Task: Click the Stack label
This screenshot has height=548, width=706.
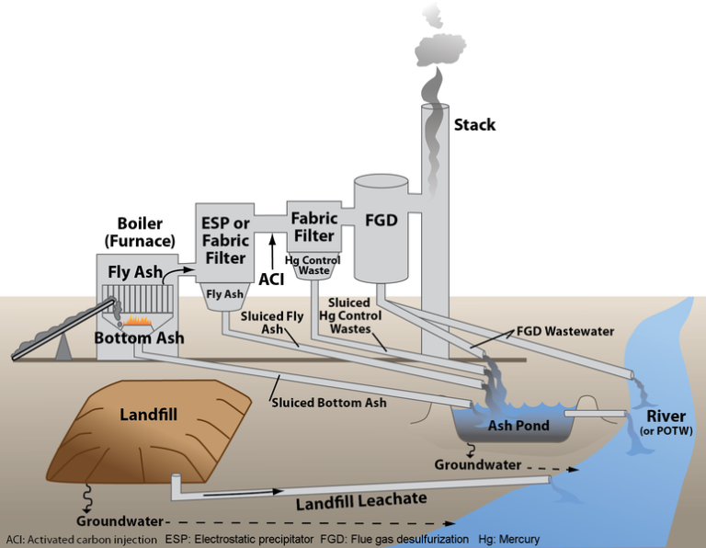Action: coord(474,124)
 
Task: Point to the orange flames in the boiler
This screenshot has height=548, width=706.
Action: coord(138,323)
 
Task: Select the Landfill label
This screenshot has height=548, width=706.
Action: coord(148,414)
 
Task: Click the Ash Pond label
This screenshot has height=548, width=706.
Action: coord(518,426)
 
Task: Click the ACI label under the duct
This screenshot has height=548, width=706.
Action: coord(273,277)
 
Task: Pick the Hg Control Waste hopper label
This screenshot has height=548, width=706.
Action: coord(313,265)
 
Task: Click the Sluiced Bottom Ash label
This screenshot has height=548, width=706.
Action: coord(328,402)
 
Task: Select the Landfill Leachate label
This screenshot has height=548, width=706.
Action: coord(361,502)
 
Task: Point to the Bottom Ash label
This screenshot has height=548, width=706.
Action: coord(139,338)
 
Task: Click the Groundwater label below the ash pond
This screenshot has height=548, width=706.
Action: coord(477,466)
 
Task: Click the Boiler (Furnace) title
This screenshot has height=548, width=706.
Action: coord(140,233)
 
